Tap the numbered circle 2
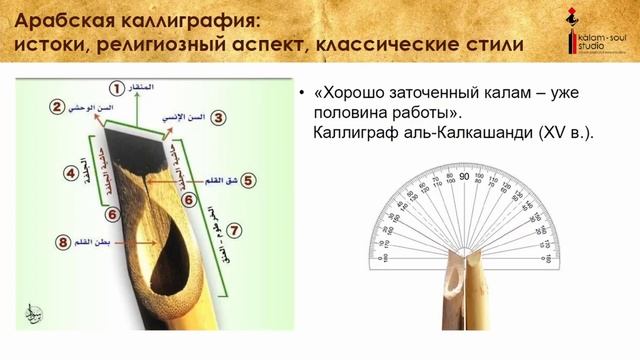pyautogui.click(x=59, y=106)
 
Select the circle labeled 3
pyautogui.click(x=214, y=117)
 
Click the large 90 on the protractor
pyautogui.click(x=464, y=177)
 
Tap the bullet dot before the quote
pyautogui.click(x=301, y=93)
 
